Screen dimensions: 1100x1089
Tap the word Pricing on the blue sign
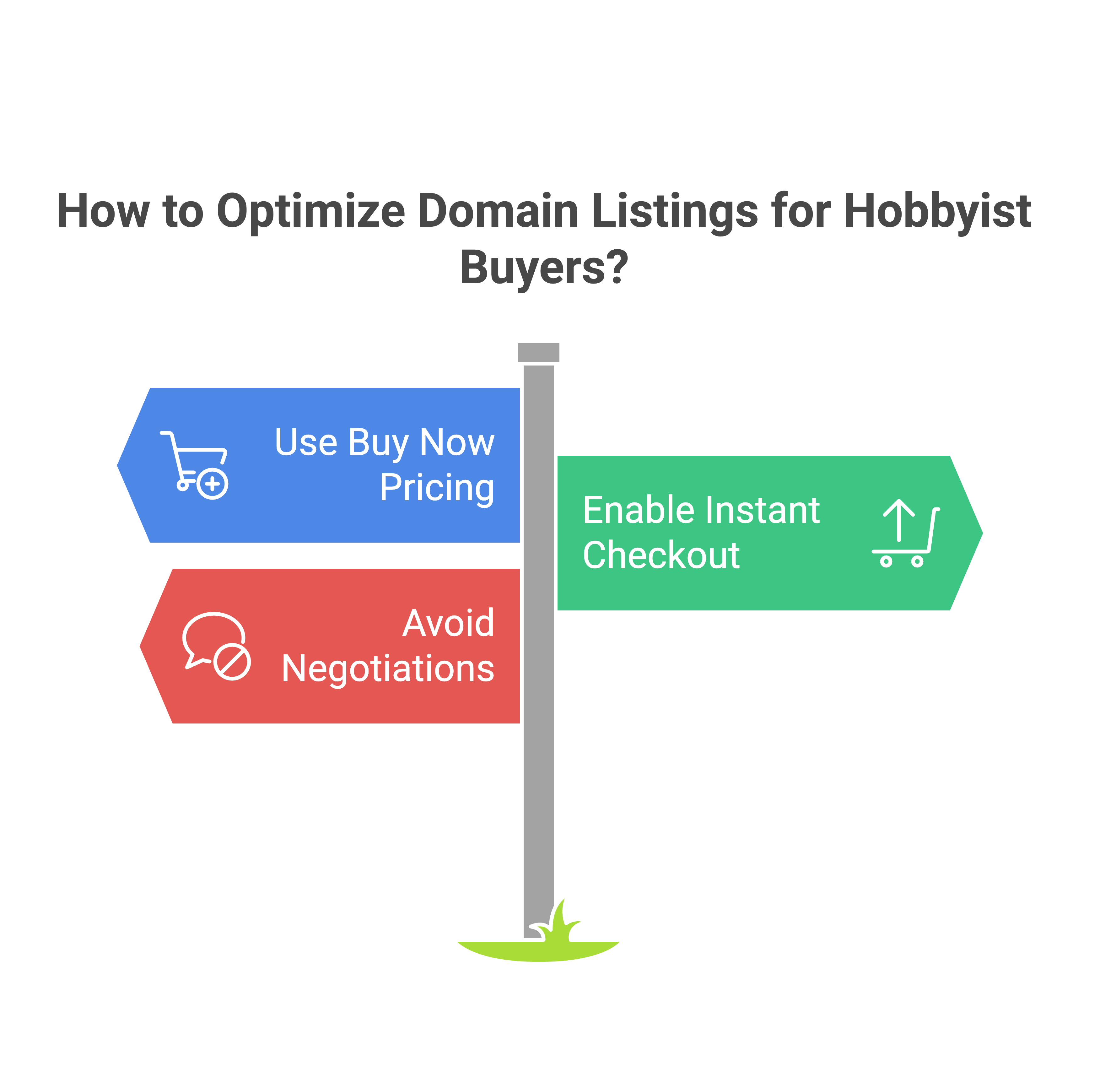tap(437, 488)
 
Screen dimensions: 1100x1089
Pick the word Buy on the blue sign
tap(378, 443)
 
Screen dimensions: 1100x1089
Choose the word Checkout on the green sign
tap(661, 555)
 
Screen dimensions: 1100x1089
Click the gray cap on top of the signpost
tap(539, 352)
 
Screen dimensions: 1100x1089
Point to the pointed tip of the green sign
tap(983, 533)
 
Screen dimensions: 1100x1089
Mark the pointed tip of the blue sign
tap(117, 465)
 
